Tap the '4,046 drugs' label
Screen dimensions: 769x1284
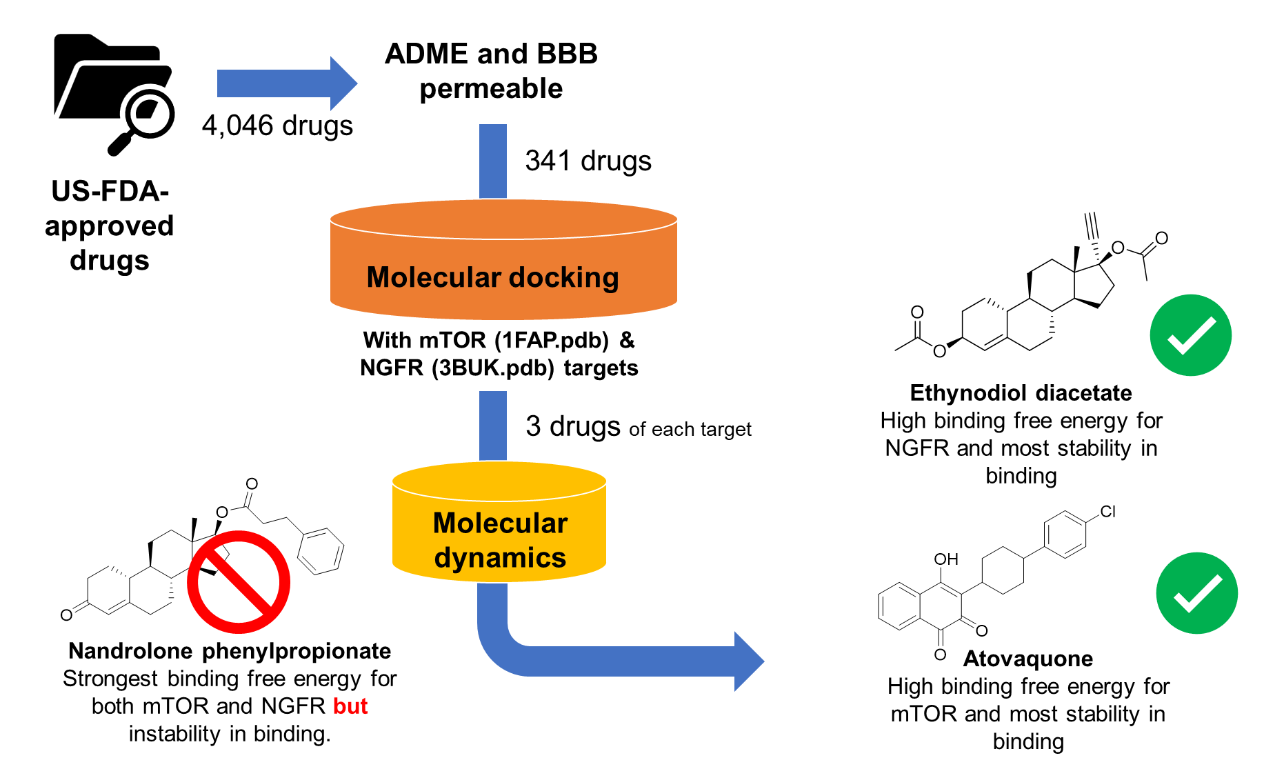click(x=277, y=126)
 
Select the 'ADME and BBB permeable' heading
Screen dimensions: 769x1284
click(x=491, y=71)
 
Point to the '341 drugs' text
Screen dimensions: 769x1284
click(x=588, y=161)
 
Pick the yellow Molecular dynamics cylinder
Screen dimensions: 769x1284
click(x=499, y=531)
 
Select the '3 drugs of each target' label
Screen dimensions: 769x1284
click(x=638, y=427)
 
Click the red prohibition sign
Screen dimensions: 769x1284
click(x=239, y=581)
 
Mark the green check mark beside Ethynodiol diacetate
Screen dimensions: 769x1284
click(x=1190, y=335)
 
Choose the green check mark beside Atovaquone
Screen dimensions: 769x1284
click(x=1196, y=593)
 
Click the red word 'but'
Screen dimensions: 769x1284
click(x=350, y=706)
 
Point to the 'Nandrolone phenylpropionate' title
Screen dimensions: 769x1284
click(x=230, y=651)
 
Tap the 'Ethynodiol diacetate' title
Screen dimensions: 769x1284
click(x=1021, y=393)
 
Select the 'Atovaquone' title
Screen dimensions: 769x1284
click(x=1027, y=659)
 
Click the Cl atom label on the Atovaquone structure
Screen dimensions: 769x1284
click(x=1107, y=512)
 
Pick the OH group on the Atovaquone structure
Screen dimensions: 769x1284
click(x=946, y=559)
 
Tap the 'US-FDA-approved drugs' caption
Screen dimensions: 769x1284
click(x=109, y=226)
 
